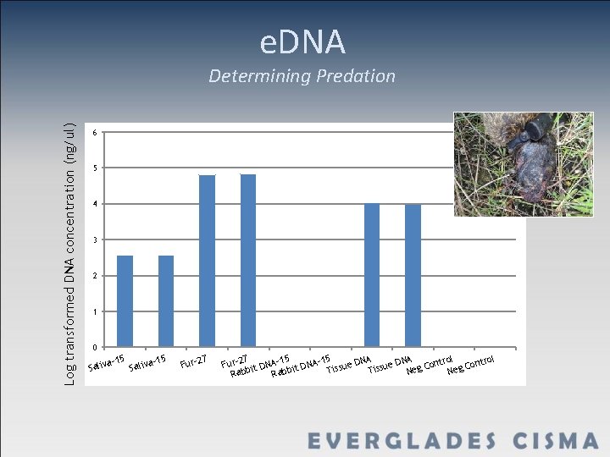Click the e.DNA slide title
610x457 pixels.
(x=302, y=41)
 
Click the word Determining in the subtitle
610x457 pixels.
(x=259, y=76)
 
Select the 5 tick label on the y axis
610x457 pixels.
(x=96, y=168)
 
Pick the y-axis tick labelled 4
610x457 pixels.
(x=96, y=205)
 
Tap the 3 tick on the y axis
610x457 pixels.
(x=96, y=240)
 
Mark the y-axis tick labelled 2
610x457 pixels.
(x=96, y=276)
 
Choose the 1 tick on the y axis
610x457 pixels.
(x=96, y=312)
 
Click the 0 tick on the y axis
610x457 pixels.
(x=96, y=348)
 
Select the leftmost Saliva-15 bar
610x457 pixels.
(x=125, y=300)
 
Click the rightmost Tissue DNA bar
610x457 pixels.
(x=413, y=275)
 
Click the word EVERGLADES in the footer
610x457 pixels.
(x=402, y=441)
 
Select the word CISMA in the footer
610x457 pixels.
(x=555, y=441)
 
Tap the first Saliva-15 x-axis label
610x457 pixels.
(x=107, y=363)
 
